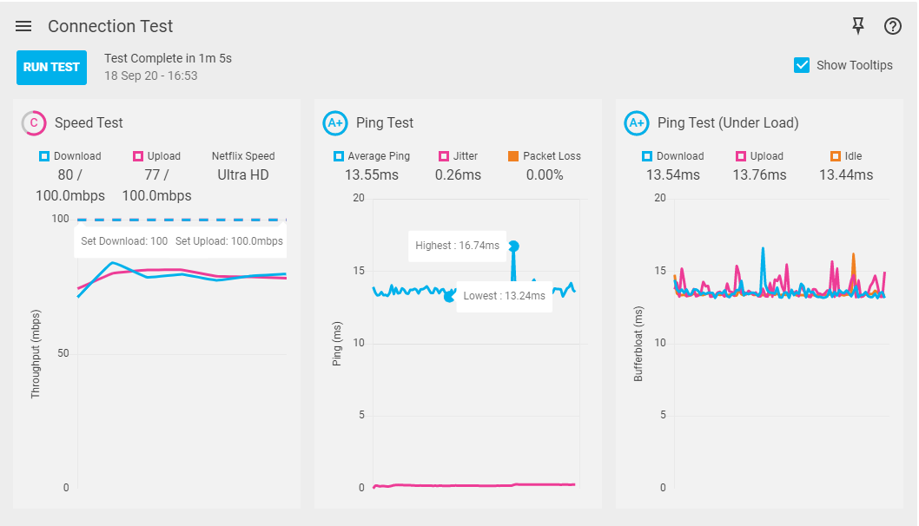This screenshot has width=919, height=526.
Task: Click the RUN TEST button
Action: [51, 67]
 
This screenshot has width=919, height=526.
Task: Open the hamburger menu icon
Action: [23, 26]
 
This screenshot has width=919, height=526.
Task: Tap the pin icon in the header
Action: [858, 26]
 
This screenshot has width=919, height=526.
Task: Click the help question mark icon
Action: [893, 26]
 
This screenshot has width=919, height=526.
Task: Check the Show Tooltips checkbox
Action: [802, 65]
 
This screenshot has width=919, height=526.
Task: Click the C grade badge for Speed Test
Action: [34, 123]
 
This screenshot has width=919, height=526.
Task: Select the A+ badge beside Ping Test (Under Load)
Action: [637, 123]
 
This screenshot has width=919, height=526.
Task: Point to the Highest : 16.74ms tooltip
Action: [457, 246]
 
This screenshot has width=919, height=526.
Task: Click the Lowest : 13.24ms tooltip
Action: [505, 296]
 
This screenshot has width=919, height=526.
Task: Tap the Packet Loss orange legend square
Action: [513, 156]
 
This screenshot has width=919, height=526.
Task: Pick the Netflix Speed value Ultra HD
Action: [243, 175]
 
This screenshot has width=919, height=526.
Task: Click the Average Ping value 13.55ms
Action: [372, 175]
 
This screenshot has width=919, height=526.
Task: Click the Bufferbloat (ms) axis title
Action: [638, 344]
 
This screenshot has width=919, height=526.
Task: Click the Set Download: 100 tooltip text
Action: [124, 241]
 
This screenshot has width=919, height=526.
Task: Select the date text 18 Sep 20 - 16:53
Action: [151, 76]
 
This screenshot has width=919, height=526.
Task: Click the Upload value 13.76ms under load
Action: [759, 175]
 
